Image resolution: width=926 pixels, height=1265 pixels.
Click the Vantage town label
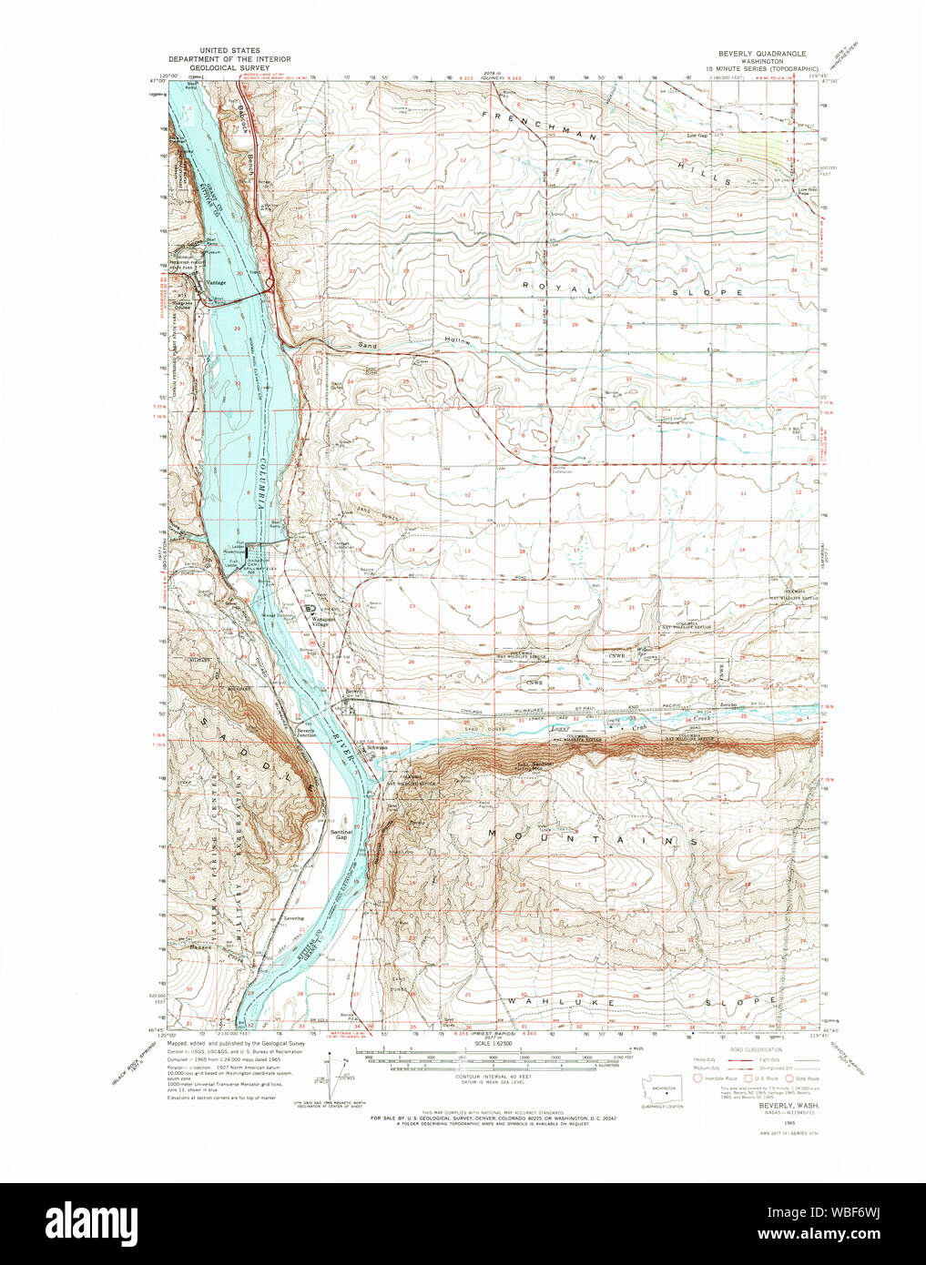[217, 282]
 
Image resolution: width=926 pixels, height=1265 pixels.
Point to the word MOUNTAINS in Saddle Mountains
[592, 836]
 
